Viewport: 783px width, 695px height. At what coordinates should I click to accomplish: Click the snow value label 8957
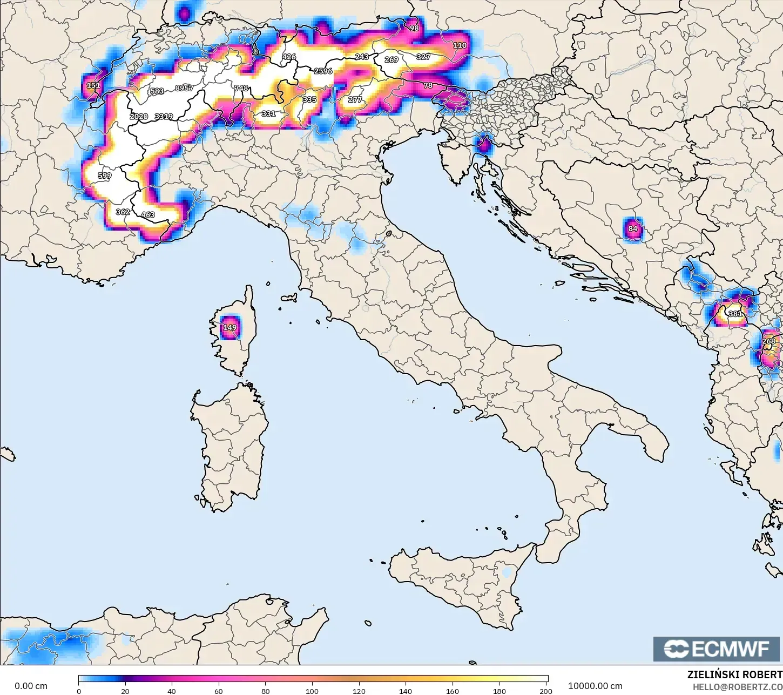click(x=184, y=88)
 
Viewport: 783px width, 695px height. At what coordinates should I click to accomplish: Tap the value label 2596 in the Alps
click(x=323, y=71)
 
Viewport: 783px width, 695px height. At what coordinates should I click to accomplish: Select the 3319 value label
click(x=164, y=116)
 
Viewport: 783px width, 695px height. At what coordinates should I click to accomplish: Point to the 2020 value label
click(x=139, y=116)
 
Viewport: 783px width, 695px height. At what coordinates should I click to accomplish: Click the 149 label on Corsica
click(x=230, y=327)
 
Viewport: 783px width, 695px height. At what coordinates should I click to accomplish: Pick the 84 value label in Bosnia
click(x=633, y=228)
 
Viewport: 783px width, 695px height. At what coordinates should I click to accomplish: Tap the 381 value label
click(x=735, y=313)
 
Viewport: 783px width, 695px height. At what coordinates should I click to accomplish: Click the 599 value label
click(x=105, y=176)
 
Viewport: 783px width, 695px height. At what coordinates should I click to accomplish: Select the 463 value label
click(x=147, y=214)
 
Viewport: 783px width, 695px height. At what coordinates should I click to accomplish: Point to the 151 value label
click(x=93, y=85)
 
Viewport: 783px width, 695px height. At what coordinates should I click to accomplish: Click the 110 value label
click(x=460, y=45)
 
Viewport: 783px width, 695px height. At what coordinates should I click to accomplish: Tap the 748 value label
click(x=241, y=88)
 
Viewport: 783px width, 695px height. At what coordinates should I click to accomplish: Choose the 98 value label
click(x=414, y=28)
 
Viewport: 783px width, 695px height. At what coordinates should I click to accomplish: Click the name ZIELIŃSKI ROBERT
click(x=734, y=674)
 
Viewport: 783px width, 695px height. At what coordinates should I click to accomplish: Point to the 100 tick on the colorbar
click(x=312, y=691)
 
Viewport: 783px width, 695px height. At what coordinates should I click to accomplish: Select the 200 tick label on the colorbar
click(x=546, y=691)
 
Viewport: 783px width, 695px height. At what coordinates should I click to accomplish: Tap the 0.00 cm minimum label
click(x=31, y=686)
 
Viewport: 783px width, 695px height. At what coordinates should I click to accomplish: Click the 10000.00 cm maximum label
click(x=595, y=686)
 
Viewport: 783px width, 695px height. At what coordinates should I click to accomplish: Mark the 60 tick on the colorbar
click(x=219, y=691)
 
